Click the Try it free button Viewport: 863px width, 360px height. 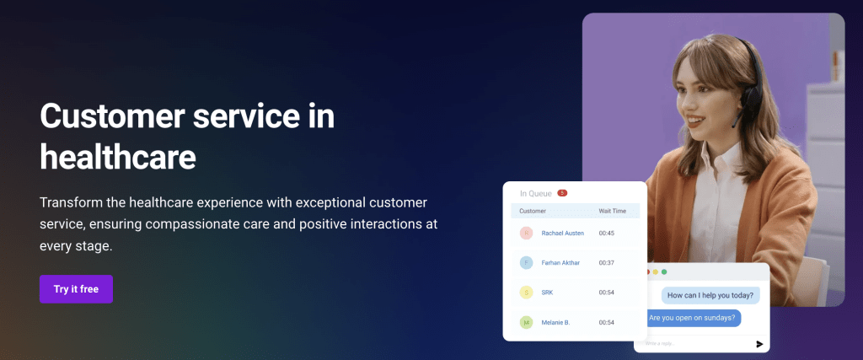pos(76,289)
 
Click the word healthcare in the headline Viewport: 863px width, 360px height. pos(117,157)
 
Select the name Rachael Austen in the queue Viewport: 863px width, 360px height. pos(563,233)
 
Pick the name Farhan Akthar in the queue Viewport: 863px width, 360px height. pos(561,262)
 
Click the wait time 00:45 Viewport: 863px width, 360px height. pos(606,233)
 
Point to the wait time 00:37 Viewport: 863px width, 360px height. pos(606,262)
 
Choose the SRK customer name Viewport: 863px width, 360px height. pos(548,293)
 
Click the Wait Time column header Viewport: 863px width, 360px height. pos(611,210)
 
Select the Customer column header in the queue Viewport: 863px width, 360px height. pos(533,210)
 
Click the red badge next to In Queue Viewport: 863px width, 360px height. pos(562,193)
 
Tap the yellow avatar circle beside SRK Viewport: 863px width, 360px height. pos(526,293)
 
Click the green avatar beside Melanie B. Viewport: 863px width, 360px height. pos(526,322)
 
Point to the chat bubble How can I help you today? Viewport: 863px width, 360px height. pos(710,294)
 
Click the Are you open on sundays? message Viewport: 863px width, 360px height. pos(694,318)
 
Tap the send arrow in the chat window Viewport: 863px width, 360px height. pos(759,344)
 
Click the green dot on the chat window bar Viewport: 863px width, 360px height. pos(664,271)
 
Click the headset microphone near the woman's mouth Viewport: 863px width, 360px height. pos(736,123)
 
